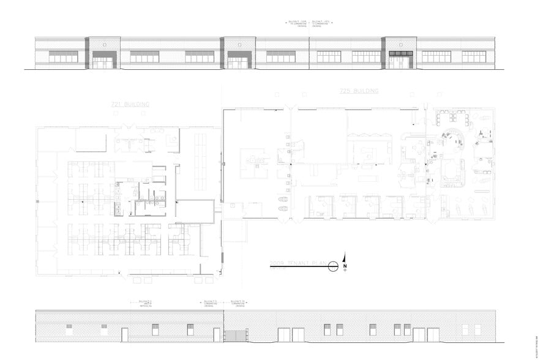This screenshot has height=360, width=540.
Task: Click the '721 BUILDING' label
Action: coord(130,105)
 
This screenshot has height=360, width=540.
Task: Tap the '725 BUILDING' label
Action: coord(359,91)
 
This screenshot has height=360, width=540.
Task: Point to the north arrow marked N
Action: coord(345,262)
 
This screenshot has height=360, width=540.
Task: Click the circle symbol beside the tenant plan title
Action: coord(333,266)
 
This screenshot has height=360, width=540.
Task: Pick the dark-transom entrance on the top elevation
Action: coord(400,59)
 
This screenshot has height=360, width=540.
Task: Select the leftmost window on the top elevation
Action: coord(63,56)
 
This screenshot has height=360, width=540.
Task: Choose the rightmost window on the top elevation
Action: coord(474,56)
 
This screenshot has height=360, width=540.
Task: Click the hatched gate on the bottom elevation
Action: coord(235,335)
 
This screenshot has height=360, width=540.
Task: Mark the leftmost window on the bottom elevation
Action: coord(69,329)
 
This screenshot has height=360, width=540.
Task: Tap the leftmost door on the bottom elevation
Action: coord(125,335)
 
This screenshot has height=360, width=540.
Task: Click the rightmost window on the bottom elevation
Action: coord(478,329)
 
